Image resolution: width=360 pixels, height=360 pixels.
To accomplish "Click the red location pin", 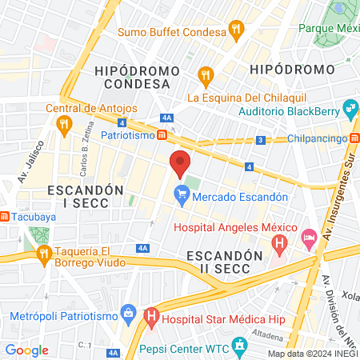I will click(180, 163).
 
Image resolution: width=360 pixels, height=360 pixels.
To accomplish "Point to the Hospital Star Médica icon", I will click(150, 318).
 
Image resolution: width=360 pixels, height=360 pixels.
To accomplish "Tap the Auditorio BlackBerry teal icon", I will click(349, 108).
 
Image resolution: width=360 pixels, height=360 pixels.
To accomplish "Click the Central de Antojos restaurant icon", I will click(64, 123).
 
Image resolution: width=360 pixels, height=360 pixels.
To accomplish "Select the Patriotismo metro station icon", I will click(162, 135).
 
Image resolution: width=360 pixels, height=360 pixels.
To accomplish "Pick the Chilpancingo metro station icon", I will click(354, 138).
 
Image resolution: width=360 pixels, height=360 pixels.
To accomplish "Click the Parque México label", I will click(328, 27).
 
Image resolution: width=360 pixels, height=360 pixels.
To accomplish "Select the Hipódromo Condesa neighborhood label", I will click(137, 78).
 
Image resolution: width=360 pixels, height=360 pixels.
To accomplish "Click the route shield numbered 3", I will click(260, 140).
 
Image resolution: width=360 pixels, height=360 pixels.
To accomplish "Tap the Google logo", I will click(26, 350).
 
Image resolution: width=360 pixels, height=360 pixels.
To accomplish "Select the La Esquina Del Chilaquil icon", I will click(206, 78).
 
